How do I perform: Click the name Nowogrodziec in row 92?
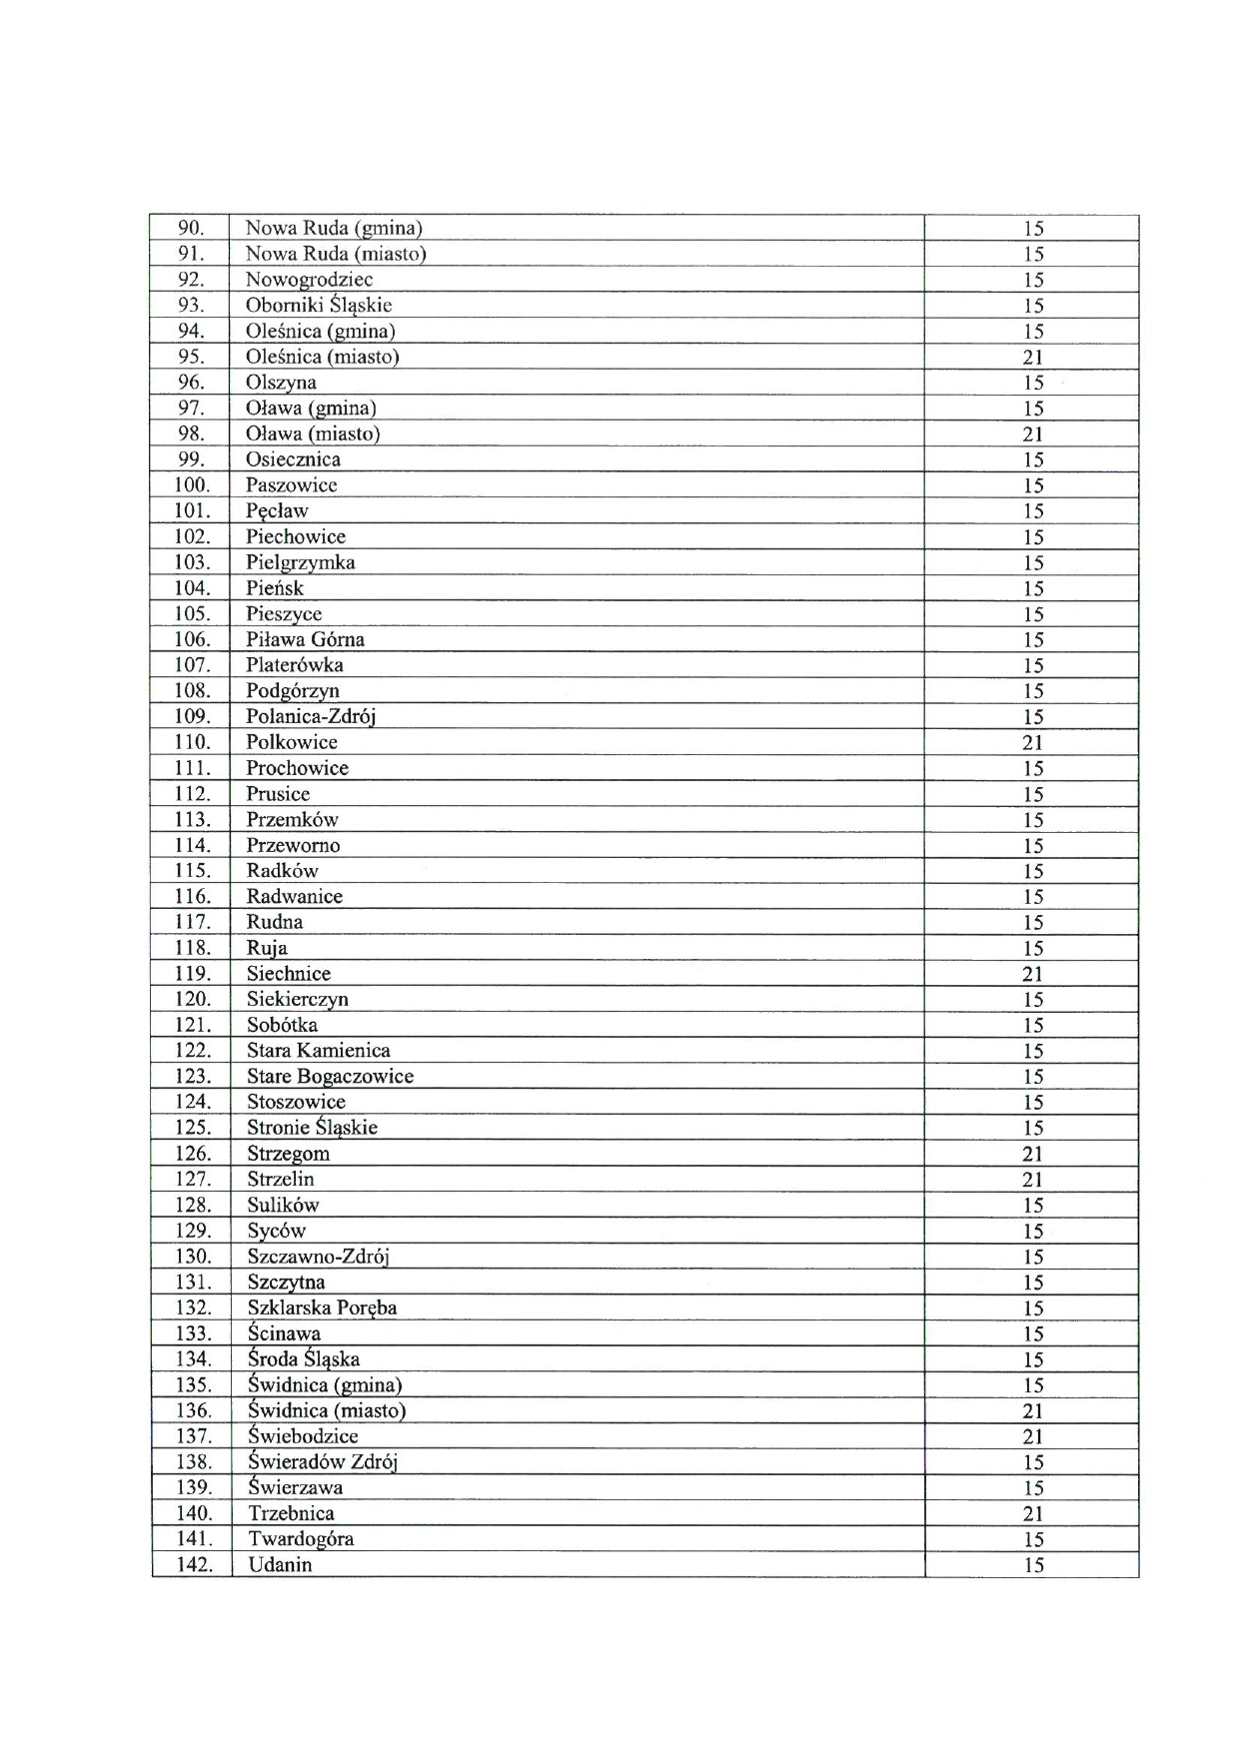tap(309, 280)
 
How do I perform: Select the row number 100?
tap(191, 485)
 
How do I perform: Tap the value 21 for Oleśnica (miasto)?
tap(1032, 358)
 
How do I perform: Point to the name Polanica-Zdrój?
tap(311, 716)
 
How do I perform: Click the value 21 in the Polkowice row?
tap(1032, 742)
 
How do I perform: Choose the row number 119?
tap(192, 974)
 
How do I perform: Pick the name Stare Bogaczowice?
tap(330, 1077)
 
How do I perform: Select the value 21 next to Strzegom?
tap(1032, 1154)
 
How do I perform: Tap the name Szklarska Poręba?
tap(322, 1309)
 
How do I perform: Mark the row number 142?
tap(194, 1565)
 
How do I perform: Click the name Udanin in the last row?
tap(280, 1565)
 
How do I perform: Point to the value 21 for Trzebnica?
tap(1032, 1514)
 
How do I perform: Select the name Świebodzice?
tap(303, 1436)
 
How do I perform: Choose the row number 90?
tap(190, 228)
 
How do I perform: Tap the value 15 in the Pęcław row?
tap(1032, 511)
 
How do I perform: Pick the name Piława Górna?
tap(305, 639)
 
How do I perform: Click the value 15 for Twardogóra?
tap(1032, 1539)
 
